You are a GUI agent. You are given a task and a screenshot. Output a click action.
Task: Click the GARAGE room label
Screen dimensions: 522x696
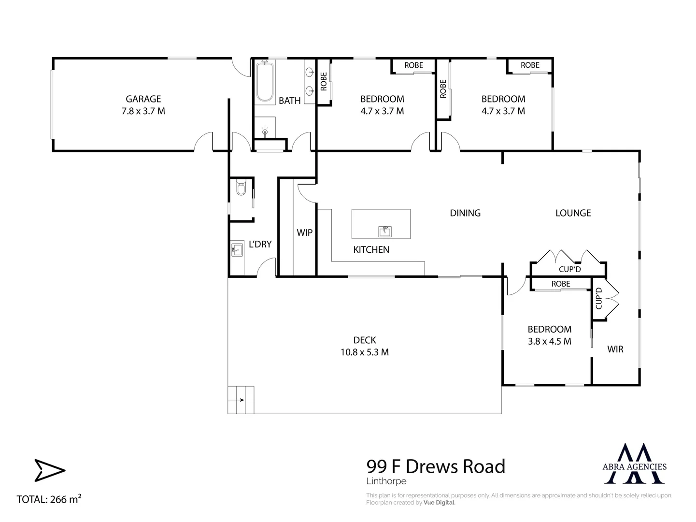[x=143, y=99]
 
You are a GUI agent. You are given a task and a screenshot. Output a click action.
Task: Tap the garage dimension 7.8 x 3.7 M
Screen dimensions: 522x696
[x=143, y=111]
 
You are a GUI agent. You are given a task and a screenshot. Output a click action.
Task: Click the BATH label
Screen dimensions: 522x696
[x=290, y=101]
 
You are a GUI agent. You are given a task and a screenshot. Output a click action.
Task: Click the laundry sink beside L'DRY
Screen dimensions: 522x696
[x=237, y=250]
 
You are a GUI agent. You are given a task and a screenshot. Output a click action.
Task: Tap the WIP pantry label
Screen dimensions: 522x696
[x=304, y=233]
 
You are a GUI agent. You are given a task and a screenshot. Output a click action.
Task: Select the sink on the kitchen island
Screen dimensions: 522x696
[x=385, y=231]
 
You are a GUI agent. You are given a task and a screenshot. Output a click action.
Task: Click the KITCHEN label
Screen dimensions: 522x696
[x=371, y=250]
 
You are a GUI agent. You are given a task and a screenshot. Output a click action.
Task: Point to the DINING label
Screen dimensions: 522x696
[x=465, y=213]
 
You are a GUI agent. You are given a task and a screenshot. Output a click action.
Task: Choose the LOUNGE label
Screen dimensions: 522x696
[x=573, y=213]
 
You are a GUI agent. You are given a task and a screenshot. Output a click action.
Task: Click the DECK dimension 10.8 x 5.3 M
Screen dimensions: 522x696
[x=365, y=352]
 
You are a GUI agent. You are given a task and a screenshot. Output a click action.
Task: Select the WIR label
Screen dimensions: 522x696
[x=615, y=349]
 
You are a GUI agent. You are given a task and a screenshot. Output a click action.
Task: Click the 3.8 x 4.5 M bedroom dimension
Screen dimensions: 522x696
[x=549, y=341]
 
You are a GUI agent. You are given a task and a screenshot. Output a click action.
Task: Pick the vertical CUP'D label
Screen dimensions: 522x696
[x=599, y=299]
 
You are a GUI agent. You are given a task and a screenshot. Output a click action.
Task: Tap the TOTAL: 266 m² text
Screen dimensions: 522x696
[x=49, y=499]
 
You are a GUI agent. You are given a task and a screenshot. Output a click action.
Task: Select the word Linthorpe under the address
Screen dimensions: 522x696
[x=386, y=481]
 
